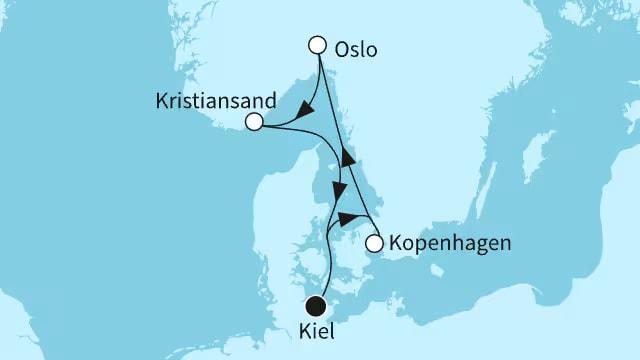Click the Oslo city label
pyautogui.click(x=357, y=49)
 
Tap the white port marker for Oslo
pyautogui.click(x=318, y=45)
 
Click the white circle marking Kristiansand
pyautogui.click(x=254, y=122)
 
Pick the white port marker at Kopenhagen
pyautogui.click(x=374, y=243)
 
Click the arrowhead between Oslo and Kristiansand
pyautogui.click(x=310, y=102)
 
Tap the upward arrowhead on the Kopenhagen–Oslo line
pyautogui.click(x=347, y=157)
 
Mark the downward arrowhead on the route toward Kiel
pyautogui.click(x=342, y=190)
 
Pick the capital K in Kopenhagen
pyautogui.click(x=398, y=243)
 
